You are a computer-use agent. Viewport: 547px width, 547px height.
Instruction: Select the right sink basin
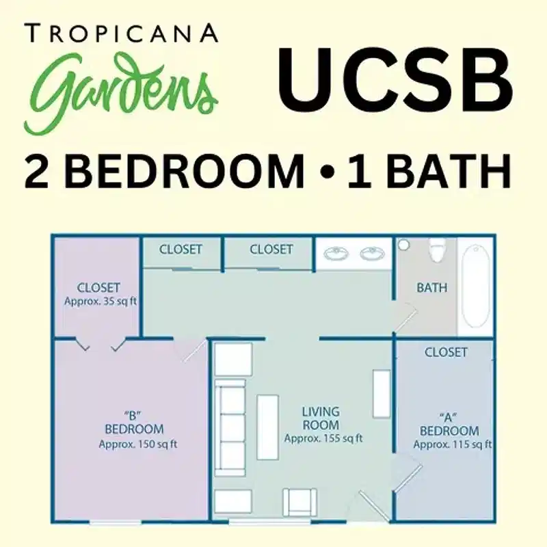pos(373,254)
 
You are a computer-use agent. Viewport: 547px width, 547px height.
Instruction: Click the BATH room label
pos(431,288)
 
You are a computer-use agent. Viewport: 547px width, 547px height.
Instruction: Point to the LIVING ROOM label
pos(321,418)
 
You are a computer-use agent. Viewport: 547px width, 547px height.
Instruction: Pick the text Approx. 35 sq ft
pos(98,301)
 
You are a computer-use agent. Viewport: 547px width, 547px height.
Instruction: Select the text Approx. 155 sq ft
pos(323,438)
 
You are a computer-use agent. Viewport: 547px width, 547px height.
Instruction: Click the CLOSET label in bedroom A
pos(446,352)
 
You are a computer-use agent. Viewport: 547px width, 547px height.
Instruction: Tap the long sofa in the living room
pos(229,429)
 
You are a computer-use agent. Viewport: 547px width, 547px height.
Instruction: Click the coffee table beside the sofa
pos(267,427)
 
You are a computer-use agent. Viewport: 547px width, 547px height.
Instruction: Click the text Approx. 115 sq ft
pos(452,444)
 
